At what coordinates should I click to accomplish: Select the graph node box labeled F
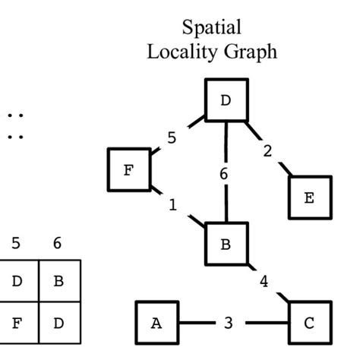pos(129,169)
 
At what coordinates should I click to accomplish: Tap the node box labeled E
pos(309,197)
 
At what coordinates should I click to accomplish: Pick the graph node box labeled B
pos(226,245)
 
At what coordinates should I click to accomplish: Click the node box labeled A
pos(157,322)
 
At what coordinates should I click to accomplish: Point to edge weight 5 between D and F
pos(172,138)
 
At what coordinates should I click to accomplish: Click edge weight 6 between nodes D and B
pos(224,174)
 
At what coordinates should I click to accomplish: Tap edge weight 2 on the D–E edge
pos(267,150)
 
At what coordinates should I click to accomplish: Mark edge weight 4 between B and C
pos(264,282)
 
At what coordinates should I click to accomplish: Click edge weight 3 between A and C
pos(229,323)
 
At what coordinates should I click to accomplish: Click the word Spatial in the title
pos(212,28)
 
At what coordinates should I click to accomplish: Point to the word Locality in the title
pos(180,52)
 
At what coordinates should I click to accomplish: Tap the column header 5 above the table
pos(16,245)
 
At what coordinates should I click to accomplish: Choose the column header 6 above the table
pos(57,245)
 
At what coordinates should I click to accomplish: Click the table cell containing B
pos(58,281)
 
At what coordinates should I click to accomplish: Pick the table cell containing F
pos(17,322)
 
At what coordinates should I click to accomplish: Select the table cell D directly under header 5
pos(17,281)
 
